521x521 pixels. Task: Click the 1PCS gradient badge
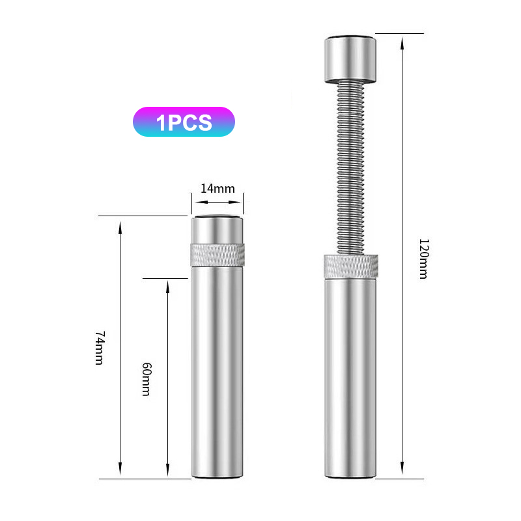coord(184,122)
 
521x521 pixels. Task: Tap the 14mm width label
coord(218,188)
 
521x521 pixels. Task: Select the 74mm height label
coord(100,348)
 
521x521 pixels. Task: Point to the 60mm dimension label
coord(147,379)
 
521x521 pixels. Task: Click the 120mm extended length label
coord(424,259)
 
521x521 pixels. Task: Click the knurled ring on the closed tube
coord(218,255)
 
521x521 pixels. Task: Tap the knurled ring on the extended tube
coord(351,266)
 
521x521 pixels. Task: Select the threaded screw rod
coord(350,169)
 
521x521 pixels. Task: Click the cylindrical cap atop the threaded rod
coord(350,59)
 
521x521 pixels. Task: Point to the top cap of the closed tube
coord(218,230)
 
